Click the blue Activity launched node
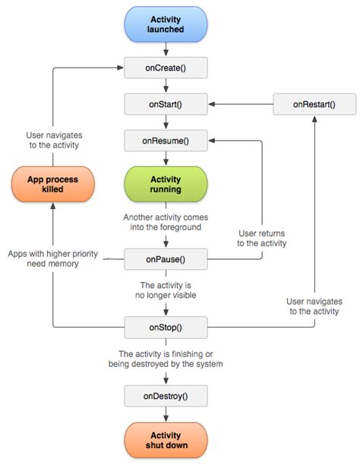coord(166,24)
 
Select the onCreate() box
coord(166,68)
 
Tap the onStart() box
coord(166,104)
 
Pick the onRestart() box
coord(314,104)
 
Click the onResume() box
coord(166,141)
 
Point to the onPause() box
coord(166,259)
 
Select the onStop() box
coord(166,327)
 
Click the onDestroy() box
coord(166,395)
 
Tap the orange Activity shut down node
coord(166,439)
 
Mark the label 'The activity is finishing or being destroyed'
coord(166,359)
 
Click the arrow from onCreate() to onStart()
coord(166,86)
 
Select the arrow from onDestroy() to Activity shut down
coord(166,414)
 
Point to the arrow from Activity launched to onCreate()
coord(166,49)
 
